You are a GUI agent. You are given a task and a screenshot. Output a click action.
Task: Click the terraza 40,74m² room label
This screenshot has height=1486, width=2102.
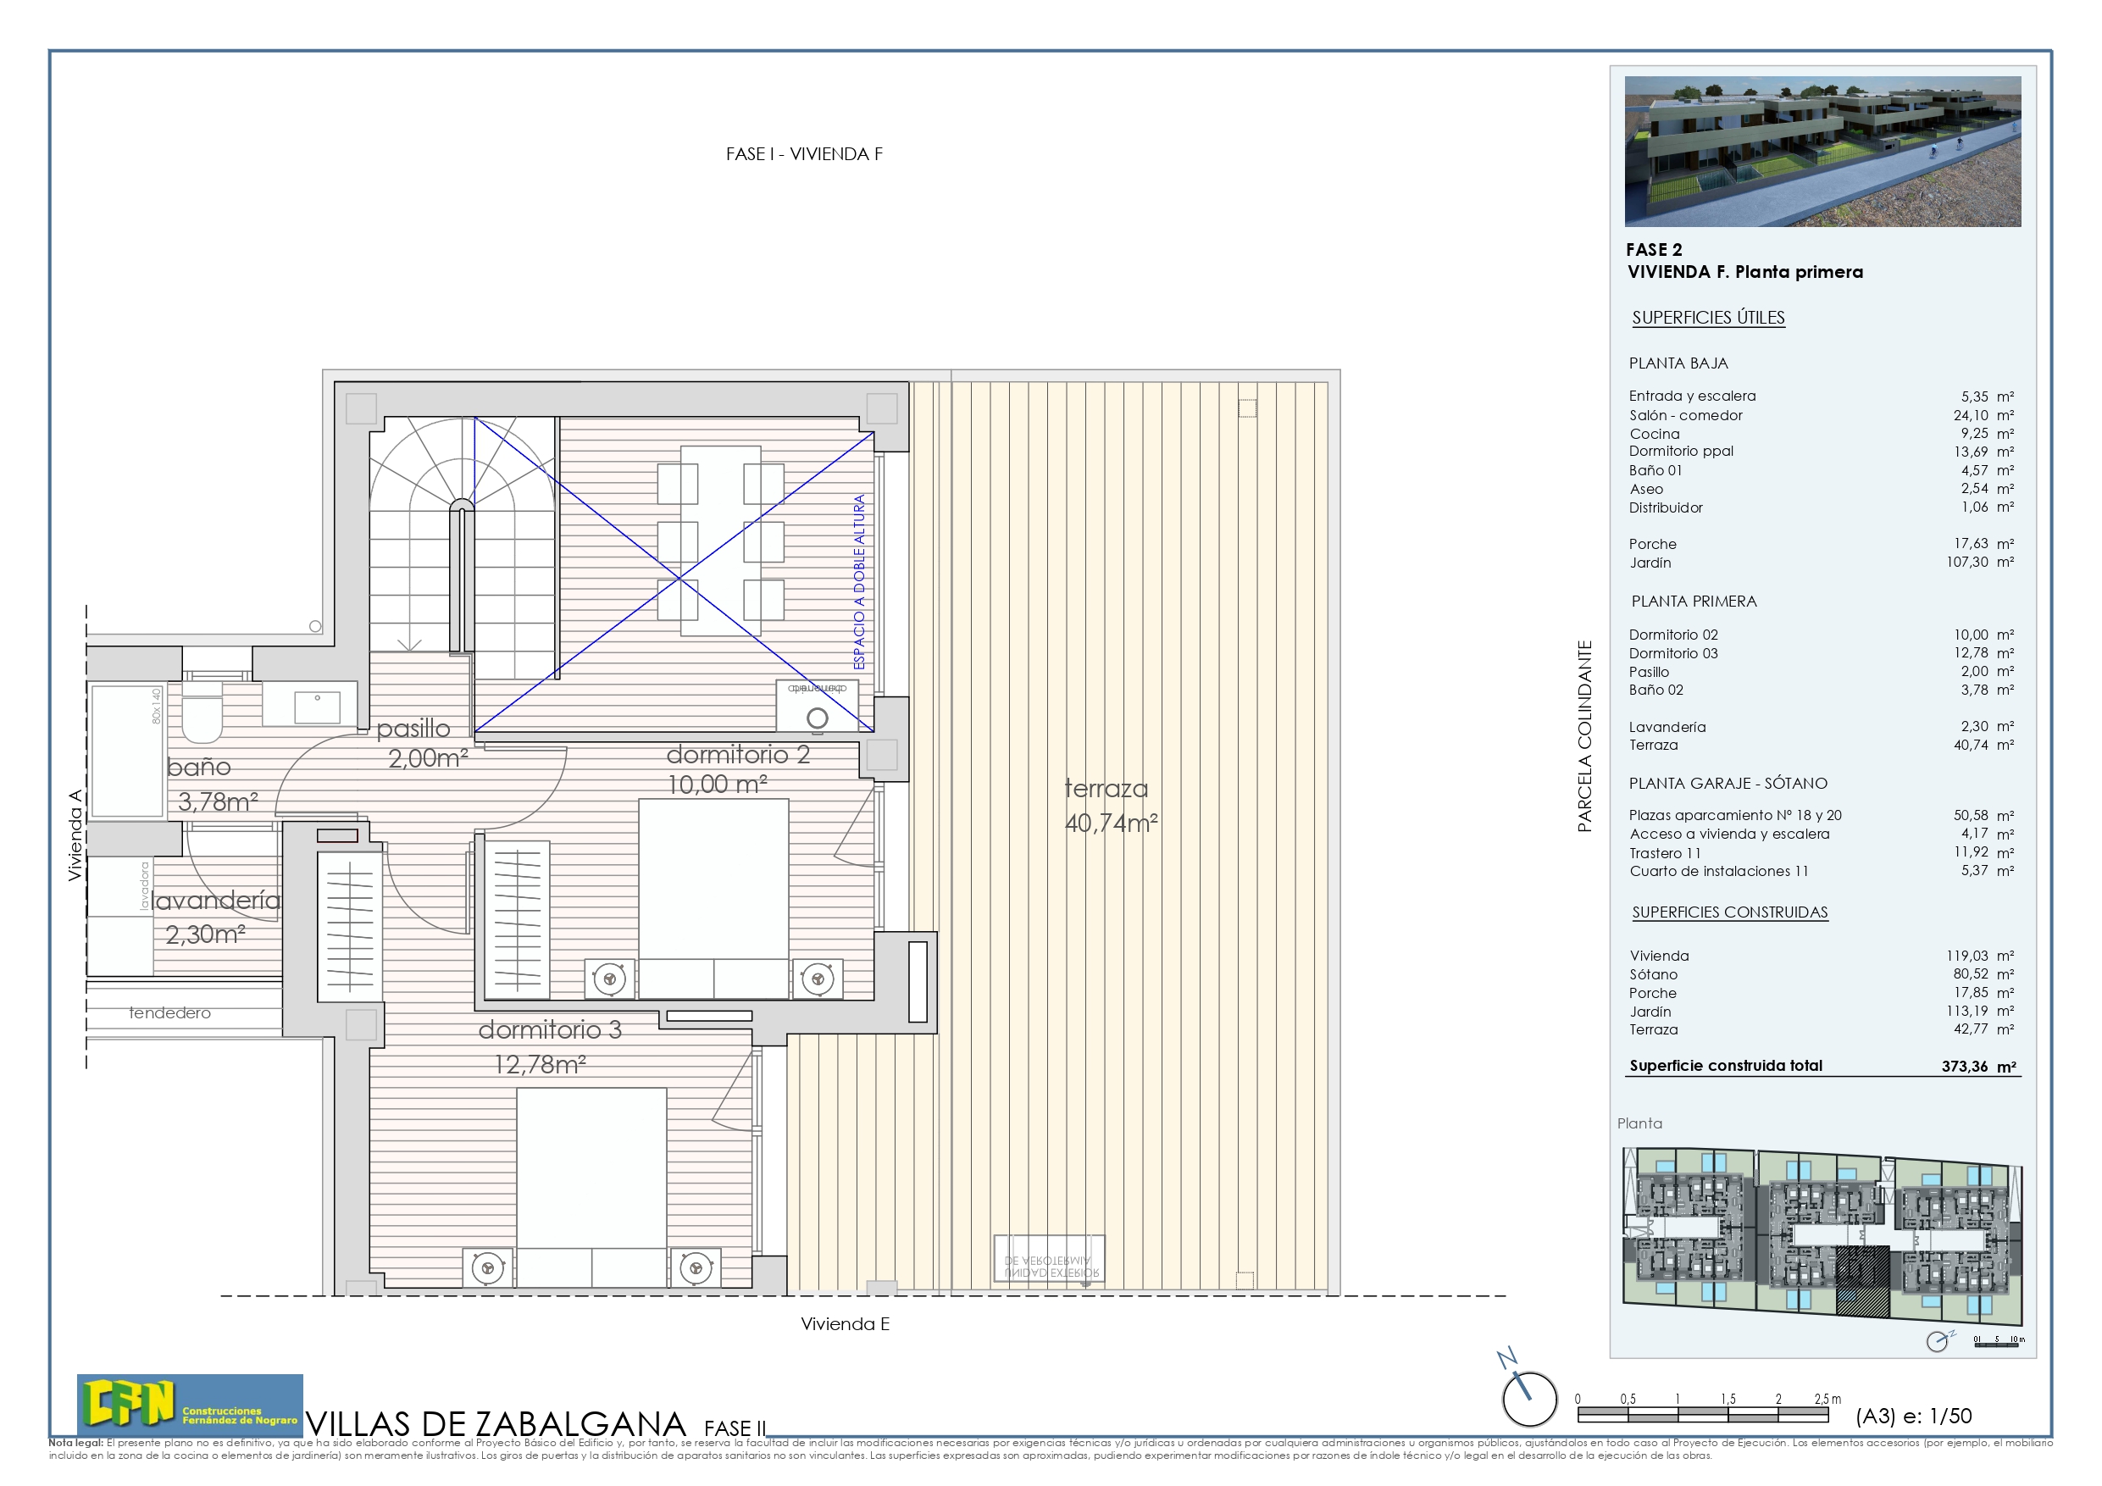pos(1110,806)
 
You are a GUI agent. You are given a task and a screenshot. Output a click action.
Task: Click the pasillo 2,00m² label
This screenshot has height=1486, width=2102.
pos(421,742)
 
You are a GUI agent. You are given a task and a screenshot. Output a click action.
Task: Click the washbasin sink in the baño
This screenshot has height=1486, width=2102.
pos(317,707)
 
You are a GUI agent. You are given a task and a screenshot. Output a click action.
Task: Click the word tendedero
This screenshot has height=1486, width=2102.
pos(169,1012)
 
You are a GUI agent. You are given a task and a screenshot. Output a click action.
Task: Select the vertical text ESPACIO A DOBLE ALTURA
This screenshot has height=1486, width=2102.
pos(859,582)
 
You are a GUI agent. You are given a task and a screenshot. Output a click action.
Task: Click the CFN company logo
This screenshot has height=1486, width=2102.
pos(190,1404)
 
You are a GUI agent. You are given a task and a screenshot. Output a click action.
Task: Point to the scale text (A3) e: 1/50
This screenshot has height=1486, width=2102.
pos(1912,1416)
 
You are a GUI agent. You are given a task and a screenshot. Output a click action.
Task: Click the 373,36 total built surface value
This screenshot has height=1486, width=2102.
pos(1965,1066)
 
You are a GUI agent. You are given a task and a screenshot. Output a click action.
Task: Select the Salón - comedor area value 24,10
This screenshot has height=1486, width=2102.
pos(1970,415)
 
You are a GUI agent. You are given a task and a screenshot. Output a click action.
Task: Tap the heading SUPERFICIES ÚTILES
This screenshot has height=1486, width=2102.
pos(1707,318)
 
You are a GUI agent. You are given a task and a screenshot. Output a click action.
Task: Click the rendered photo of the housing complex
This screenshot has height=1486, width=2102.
pos(1822,151)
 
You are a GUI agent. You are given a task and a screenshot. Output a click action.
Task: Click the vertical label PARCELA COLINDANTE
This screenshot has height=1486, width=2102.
pos(1583,736)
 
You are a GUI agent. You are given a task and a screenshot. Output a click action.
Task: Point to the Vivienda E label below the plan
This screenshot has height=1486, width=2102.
pos(844,1324)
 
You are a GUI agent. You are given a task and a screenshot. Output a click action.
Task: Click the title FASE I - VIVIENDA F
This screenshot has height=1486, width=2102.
pos(804,154)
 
